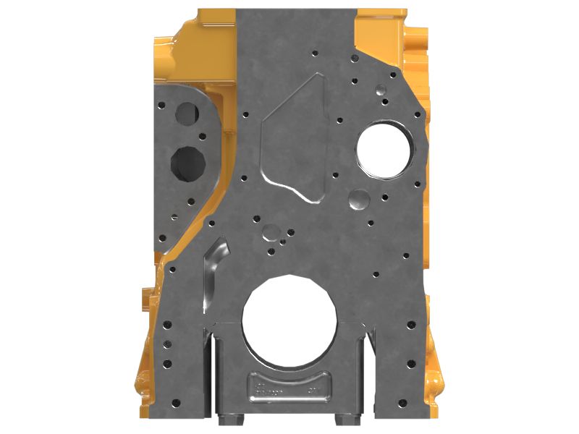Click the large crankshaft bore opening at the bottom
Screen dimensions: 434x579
[289, 318]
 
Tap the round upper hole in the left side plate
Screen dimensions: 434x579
[188, 113]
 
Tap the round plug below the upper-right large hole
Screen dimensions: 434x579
[359, 199]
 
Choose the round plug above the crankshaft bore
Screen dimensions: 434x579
[271, 232]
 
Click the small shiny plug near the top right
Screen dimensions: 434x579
[380, 90]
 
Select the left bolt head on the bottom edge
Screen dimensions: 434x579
[230, 418]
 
